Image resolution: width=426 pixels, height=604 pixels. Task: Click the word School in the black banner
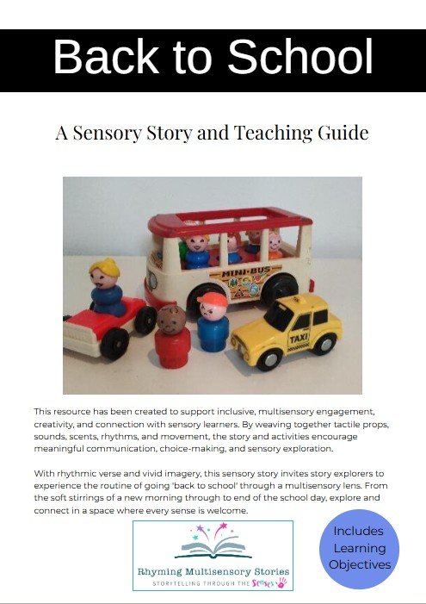pos(300,58)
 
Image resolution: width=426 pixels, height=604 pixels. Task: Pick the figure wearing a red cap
pos(211,325)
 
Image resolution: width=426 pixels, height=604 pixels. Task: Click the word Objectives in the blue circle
pos(360,564)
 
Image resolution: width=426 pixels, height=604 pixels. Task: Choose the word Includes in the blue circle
pos(360,532)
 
